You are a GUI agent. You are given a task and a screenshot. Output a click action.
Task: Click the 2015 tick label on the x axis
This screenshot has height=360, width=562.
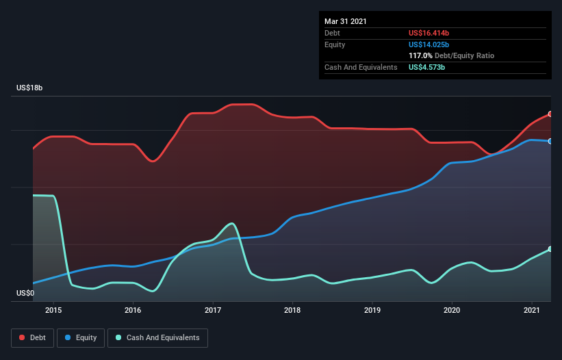tap(53, 311)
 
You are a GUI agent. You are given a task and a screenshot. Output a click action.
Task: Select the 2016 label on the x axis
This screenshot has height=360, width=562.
tap(133, 311)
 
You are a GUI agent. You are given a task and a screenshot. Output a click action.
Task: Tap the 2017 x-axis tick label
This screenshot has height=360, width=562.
tap(213, 311)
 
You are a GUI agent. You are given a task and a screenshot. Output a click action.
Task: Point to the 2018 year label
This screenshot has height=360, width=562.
tap(292, 311)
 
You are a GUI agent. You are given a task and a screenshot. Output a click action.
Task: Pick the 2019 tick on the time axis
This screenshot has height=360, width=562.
tap(372, 311)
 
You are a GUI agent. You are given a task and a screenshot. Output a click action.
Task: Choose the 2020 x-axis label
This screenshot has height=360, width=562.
tap(452, 311)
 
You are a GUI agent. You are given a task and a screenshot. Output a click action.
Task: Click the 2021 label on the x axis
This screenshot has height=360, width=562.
tap(531, 311)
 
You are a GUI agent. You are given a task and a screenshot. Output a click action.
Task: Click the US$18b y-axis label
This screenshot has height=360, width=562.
tap(31, 88)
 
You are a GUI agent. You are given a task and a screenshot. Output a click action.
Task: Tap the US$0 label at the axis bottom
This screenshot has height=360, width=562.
tap(25, 294)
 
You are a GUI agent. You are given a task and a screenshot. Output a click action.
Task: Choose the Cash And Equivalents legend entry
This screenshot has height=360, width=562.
tap(157, 337)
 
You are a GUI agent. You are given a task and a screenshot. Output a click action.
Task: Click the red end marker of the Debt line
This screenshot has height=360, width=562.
tap(550, 114)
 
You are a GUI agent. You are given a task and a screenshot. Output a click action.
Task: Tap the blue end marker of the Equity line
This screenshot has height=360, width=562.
tap(550, 141)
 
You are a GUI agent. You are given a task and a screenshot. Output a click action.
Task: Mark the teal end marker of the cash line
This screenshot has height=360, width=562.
tap(550, 249)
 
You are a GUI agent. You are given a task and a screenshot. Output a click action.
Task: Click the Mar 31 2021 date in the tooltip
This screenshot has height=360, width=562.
tap(346, 21)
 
